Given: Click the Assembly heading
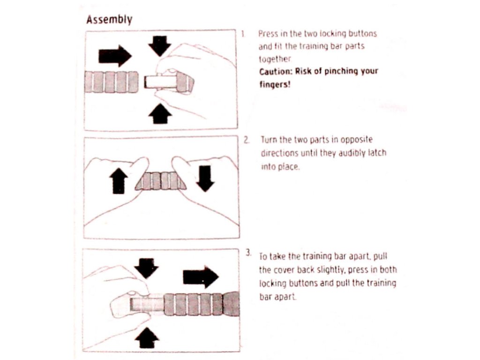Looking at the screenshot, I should coord(110,20).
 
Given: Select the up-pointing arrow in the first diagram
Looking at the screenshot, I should coord(160,113).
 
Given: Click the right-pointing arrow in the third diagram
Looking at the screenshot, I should coord(200,277).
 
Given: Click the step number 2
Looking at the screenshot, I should coord(246,140).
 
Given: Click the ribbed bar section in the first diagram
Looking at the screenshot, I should coord(112,82).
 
